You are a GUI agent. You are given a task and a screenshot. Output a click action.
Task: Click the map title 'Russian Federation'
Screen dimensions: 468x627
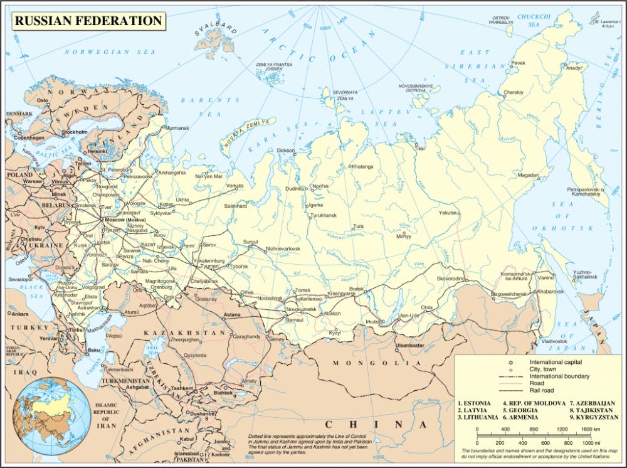(x=88, y=21)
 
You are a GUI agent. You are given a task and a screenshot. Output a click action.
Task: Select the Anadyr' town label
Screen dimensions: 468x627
(x=574, y=68)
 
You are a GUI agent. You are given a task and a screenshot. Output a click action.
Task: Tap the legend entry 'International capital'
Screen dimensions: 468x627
(x=556, y=363)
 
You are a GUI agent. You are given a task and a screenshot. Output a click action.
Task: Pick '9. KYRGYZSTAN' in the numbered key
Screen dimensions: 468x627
(x=594, y=417)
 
